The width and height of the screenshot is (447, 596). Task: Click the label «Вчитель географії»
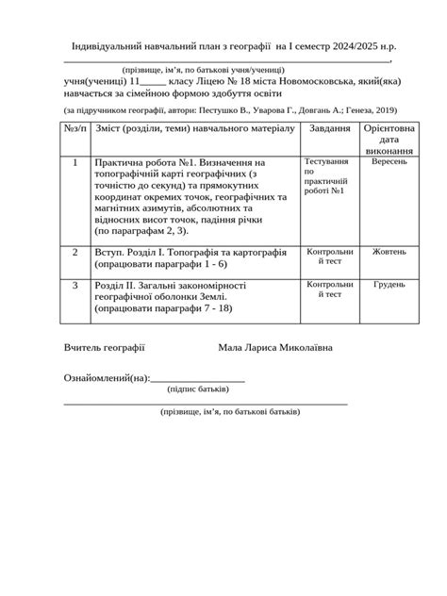tap(104, 347)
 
